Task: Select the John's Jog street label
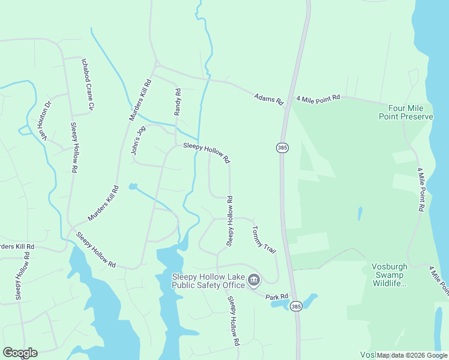(138, 140)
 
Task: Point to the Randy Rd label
(178, 102)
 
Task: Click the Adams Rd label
(268, 99)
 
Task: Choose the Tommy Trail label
(263, 239)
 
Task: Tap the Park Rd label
(277, 296)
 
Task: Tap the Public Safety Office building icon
(254, 280)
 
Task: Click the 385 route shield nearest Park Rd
(296, 307)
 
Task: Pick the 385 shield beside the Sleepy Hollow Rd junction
(282, 147)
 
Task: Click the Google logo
(20, 353)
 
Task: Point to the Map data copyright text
(411, 355)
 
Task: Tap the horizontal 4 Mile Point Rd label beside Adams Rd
(318, 97)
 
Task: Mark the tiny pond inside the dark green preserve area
(360, 213)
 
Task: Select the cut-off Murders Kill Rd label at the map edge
(17, 247)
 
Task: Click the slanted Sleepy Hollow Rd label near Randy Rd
(206, 152)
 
